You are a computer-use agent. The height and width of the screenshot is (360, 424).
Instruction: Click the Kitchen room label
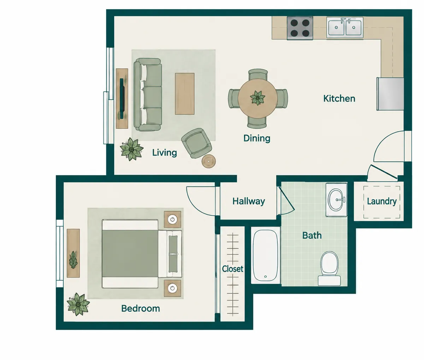pyautogui.click(x=339, y=98)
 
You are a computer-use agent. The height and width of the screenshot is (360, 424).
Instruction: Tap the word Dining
pyautogui.click(x=257, y=138)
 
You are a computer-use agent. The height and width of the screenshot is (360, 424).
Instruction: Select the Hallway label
pyautogui.click(x=249, y=201)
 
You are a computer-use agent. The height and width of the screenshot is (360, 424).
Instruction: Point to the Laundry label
pyautogui.click(x=382, y=202)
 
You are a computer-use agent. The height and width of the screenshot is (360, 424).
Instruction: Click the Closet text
pyautogui.click(x=232, y=269)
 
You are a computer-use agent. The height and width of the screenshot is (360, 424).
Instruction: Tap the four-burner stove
pyautogui.click(x=300, y=28)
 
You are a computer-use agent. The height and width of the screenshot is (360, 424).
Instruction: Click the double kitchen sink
pyautogui.click(x=345, y=28)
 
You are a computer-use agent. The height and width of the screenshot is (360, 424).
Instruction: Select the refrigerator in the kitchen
pyautogui.click(x=390, y=94)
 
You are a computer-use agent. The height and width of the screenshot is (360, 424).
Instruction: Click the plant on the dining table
pyautogui.click(x=258, y=97)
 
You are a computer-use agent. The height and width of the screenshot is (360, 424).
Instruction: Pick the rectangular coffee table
pyautogui.click(x=184, y=94)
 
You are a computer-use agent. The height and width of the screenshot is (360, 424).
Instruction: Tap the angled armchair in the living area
pyautogui.click(x=196, y=143)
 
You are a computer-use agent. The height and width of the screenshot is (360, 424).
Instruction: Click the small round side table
pyautogui.click(x=208, y=161)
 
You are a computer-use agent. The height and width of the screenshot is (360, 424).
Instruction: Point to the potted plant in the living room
pyautogui.click(x=131, y=149)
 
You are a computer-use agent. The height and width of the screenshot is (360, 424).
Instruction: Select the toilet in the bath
pyautogui.click(x=329, y=269)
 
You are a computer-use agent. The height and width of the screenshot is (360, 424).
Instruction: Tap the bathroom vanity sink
pyautogui.click(x=336, y=199)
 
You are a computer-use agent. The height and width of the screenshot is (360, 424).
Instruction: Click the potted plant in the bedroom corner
pyautogui.click(x=78, y=304)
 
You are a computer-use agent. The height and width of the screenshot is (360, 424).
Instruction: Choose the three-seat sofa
pyautogui.click(x=148, y=95)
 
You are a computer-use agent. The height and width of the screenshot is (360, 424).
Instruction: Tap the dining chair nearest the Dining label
pyautogui.click(x=257, y=122)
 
